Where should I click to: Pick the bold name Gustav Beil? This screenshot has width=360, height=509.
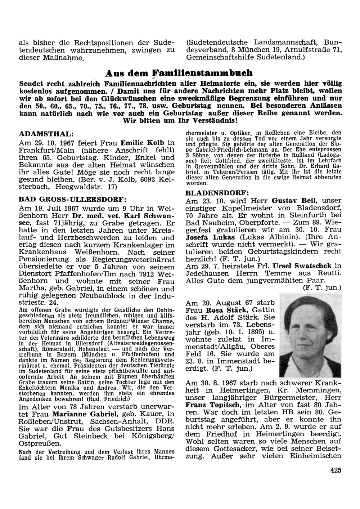[294, 200]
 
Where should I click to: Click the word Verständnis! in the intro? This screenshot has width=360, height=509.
[212, 120]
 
